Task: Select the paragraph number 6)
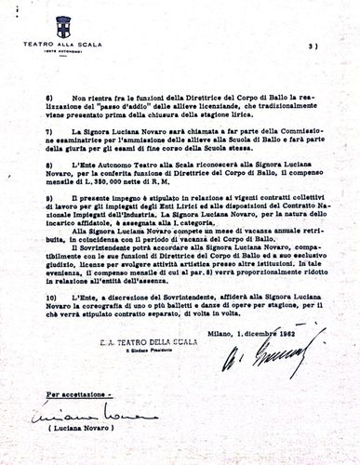click(x=49, y=97)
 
